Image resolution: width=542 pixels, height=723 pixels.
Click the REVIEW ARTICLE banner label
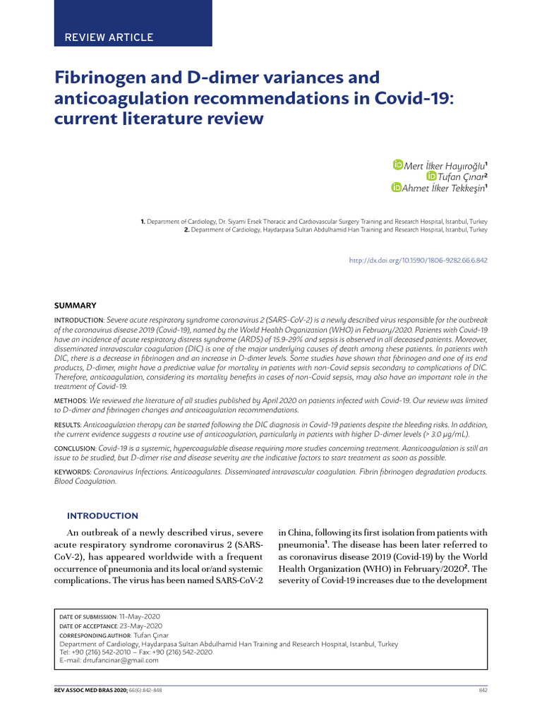[109, 37]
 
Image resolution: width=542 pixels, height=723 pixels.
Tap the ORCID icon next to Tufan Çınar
[431, 176]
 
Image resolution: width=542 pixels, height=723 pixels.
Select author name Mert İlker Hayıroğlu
[444, 165]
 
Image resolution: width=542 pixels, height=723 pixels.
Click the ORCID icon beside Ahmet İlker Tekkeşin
[397, 187]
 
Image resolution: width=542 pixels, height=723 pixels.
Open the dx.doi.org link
[418, 261]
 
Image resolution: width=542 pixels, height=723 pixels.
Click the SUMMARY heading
[76, 306]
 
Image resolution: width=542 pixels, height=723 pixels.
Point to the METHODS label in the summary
[71, 400]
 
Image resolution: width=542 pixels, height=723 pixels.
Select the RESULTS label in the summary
[69, 424]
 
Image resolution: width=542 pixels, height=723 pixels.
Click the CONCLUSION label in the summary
[76, 448]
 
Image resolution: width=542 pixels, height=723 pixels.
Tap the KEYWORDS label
[73, 471]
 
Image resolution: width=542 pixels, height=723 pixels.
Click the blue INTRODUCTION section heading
[102, 516]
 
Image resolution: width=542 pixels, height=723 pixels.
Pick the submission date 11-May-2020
[140, 616]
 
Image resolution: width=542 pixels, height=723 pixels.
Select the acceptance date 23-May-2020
[140, 626]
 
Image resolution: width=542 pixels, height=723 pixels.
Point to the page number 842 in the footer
[483, 690]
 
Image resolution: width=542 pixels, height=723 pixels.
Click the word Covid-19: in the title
[414, 97]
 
